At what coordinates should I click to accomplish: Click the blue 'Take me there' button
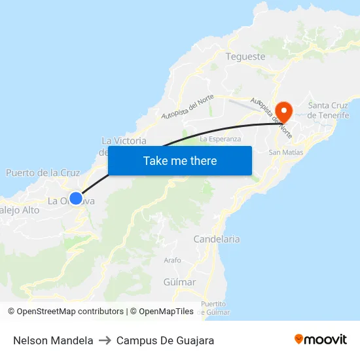[x=180, y=161]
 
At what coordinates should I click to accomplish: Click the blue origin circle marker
[x=76, y=198]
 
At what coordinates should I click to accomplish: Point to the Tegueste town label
[x=245, y=56]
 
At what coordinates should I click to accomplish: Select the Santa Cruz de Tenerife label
[x=329, y=110]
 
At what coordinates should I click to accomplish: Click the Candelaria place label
[x=217, y=240]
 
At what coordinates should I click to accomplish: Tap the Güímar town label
[x=179, y=282]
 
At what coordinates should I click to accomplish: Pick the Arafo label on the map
[x=172, y=261]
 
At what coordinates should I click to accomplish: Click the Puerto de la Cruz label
[x=43, y=173]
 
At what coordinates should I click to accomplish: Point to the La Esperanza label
[x=221, y=139]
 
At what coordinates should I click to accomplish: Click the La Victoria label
[x=124, y=141]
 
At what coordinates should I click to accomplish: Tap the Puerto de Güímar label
[x=213, y=308]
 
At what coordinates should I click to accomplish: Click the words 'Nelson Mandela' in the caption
[x=53, y=340]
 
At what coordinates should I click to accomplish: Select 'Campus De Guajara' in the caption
[x=165, y=340]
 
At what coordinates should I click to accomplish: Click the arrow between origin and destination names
[x=105, y=340]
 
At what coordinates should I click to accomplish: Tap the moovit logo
[x=320, y=340]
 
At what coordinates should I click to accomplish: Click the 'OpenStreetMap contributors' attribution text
[x=69, y=312]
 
